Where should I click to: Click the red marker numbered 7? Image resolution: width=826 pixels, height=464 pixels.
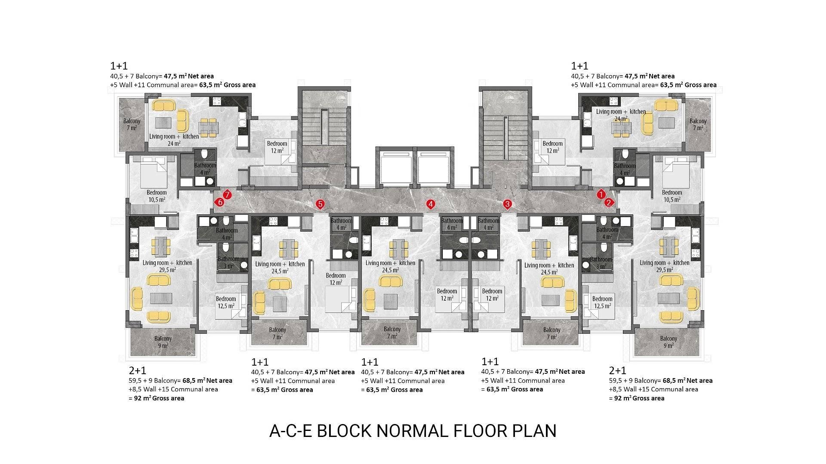pos(227,195)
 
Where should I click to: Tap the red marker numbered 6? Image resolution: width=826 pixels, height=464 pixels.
pos(220,202)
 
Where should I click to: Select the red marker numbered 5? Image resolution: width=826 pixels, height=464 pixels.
pos(320,204)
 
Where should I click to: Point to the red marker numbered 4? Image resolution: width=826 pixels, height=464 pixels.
pos(431,204)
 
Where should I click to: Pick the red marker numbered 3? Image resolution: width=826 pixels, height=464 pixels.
pos(507,204)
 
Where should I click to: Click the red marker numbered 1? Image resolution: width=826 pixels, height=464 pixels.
pos(601,195)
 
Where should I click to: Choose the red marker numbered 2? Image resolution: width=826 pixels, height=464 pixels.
pos(608,202)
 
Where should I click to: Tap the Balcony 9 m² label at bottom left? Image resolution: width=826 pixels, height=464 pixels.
pos(163,342)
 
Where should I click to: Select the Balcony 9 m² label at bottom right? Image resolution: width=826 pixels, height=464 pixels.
pos(668,342)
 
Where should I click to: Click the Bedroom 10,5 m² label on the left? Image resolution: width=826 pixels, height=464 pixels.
pos(157,196)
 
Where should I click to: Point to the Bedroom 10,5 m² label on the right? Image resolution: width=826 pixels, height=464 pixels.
pos(672,196)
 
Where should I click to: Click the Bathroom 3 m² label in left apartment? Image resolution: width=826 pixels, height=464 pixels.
pos(228,263)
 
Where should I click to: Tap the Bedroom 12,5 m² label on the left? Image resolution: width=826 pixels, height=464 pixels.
pos(226,302)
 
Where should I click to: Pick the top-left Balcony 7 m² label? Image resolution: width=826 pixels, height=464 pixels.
pos(132,125)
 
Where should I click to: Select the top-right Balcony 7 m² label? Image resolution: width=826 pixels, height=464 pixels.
pos(698,125)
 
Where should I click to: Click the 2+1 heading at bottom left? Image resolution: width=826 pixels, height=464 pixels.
pos(137,370)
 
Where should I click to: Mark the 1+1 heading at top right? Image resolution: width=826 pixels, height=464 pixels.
pos(579,66)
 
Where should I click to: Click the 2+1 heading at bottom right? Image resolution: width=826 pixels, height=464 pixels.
pos(617,370)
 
